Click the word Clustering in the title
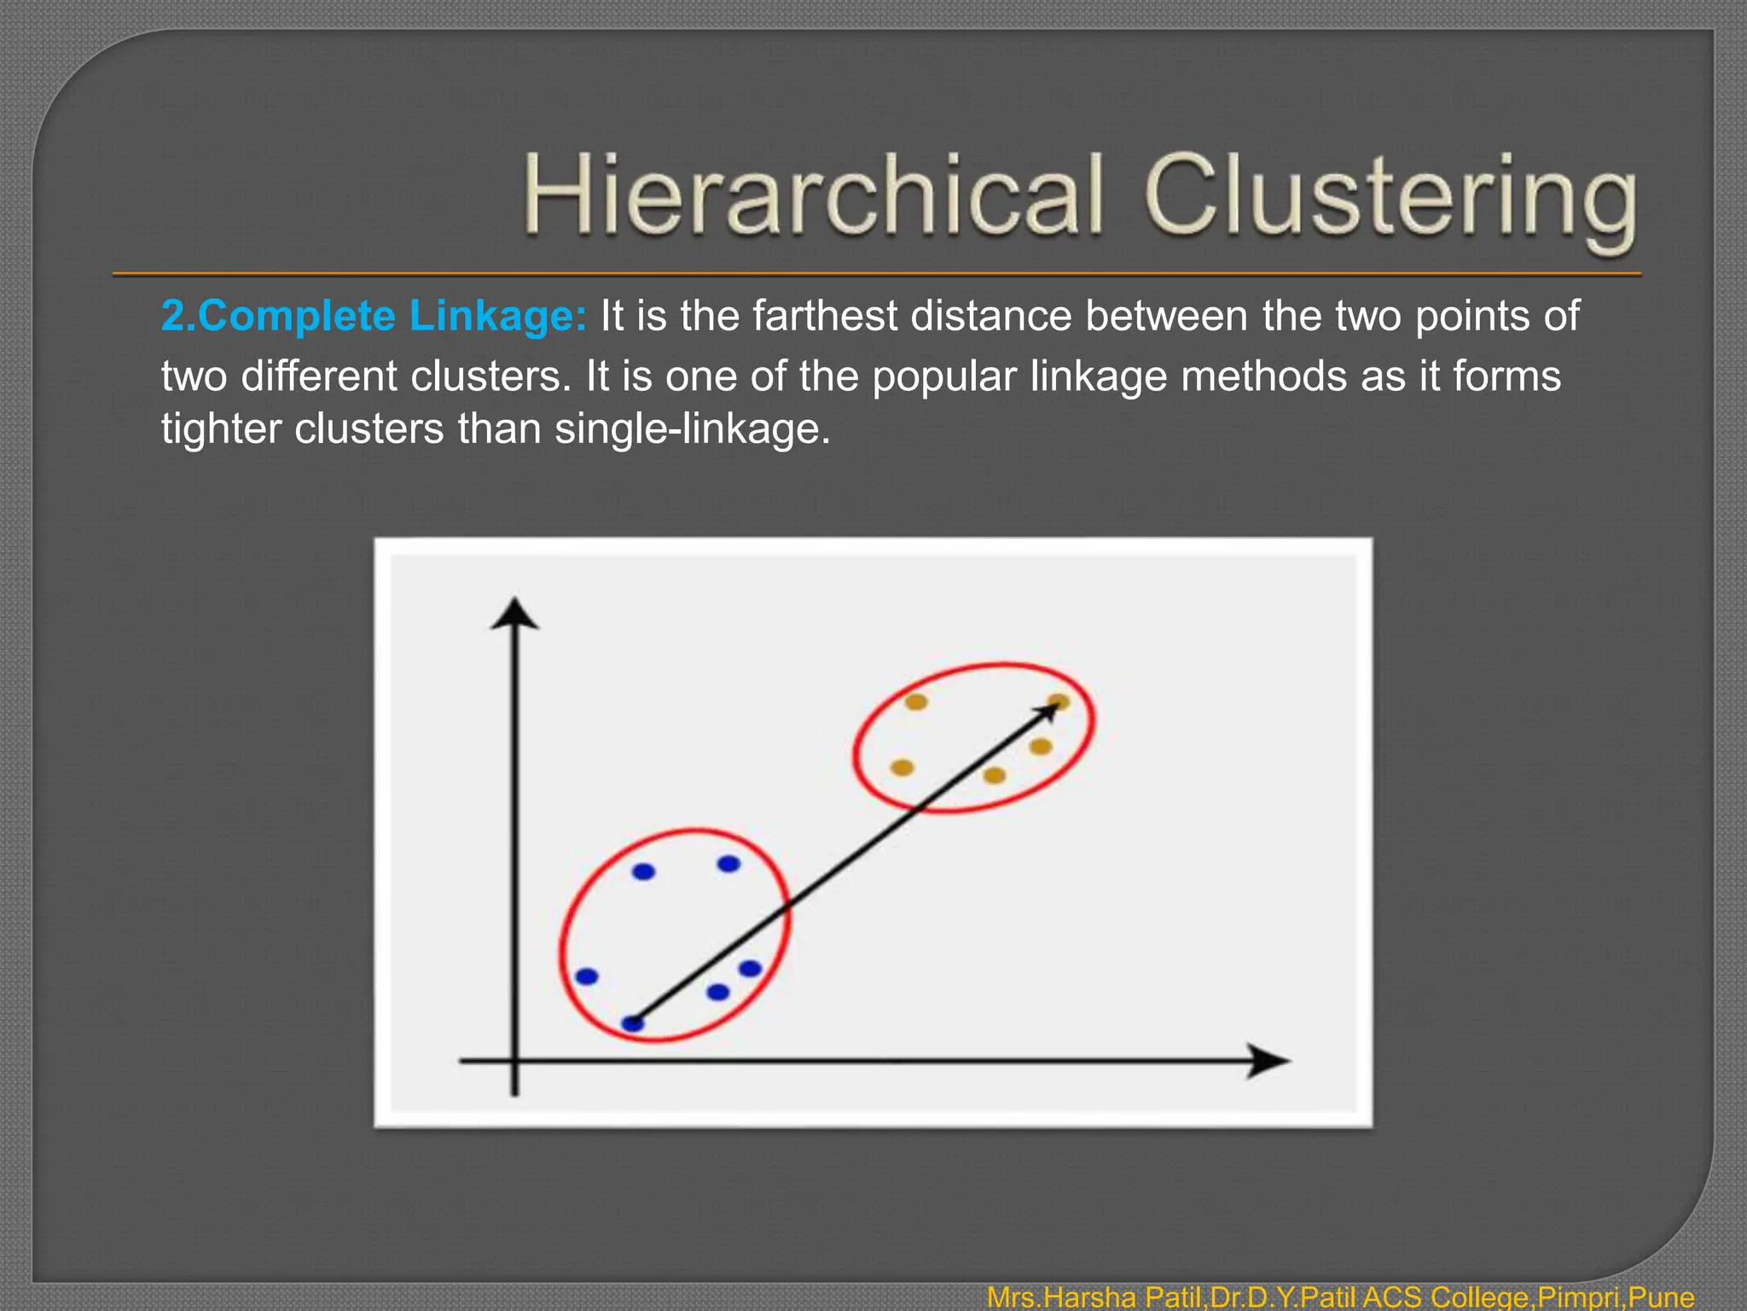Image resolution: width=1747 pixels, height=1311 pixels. pos(1390,198)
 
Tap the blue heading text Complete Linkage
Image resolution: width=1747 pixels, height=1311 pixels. pos(374,316)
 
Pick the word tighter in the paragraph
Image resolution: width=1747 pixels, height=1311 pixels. pos(221,428)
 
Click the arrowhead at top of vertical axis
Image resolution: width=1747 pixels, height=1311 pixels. pos(514,613)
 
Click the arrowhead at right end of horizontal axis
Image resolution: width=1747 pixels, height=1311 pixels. pos(1268,1061)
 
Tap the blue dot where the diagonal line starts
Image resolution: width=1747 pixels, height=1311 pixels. pos(632,1023)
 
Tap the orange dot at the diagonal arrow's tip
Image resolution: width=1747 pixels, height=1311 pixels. pos(1059,702)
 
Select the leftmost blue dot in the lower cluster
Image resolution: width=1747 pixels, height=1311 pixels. pos(587,976)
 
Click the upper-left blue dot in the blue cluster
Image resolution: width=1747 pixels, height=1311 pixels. pos(643,871)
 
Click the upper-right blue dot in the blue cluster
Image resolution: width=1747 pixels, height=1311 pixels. pos(728,864)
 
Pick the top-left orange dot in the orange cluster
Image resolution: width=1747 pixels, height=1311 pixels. pos(916,702)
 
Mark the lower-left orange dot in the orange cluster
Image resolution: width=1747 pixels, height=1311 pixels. pos(902,767)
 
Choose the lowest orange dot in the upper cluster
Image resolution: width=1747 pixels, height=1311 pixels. pos(995,775)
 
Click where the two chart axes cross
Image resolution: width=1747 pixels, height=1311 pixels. pos(514,1061)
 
